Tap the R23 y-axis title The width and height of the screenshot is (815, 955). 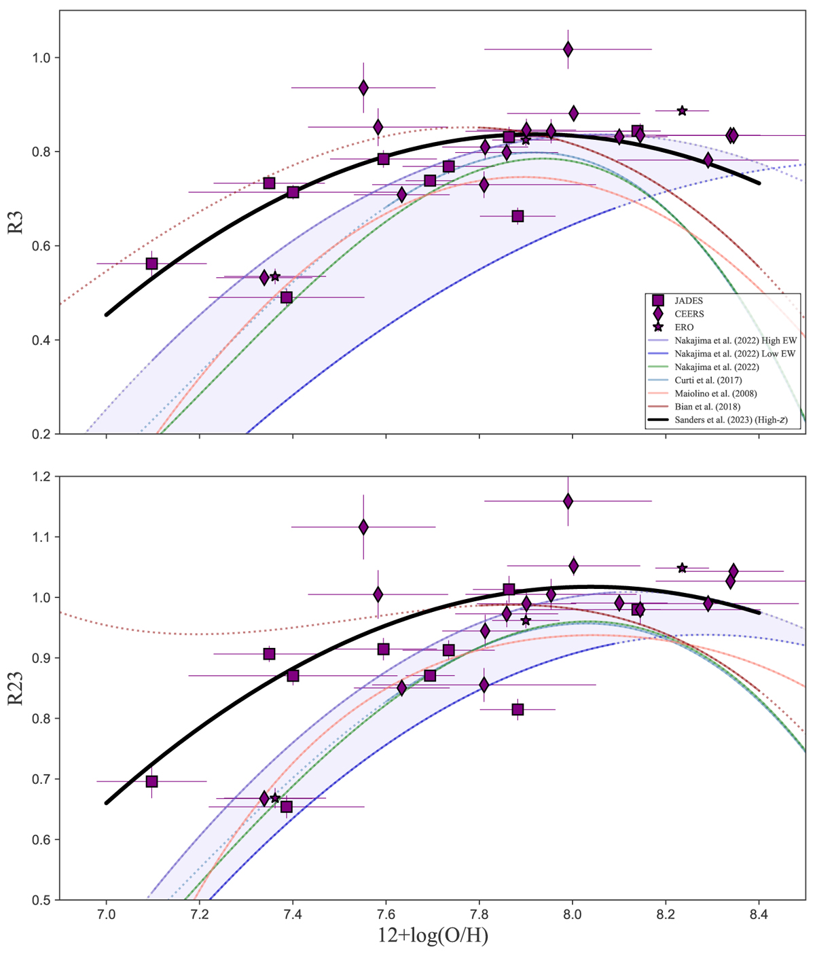pyautogui.click(x=16, y=688)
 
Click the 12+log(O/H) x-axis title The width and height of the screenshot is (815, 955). pyautogui.click(x=433, y=936)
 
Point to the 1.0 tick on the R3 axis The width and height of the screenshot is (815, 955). pyautogui.click(x=42, y=58)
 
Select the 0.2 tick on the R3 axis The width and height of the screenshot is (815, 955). pyautogui.click(x=42, y=434)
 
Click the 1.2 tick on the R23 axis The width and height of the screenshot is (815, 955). pyautogui.click(x=42, y=477)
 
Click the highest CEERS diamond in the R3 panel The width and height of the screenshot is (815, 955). pyautogui.click(x=568, y=49)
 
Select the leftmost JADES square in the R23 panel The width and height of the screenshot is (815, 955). pyautogui.click(x=152, y=781)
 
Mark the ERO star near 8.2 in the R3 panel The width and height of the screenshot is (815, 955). pyautogui.click(x=682, y=111)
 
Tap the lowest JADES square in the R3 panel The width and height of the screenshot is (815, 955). pyautogui.click(x=287, y=298)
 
